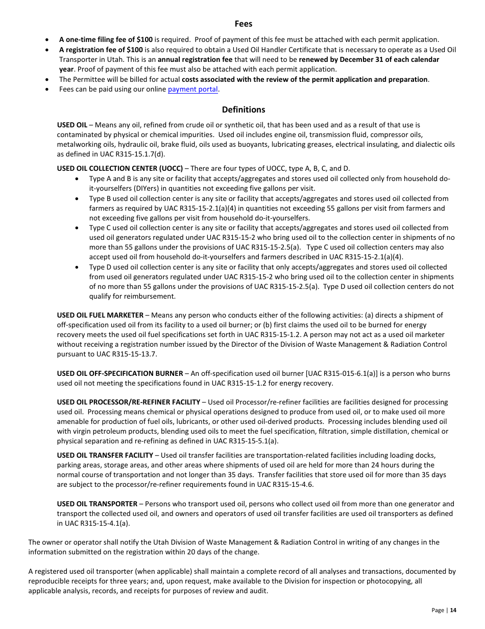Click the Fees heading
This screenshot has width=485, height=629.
click(x=243, y=24)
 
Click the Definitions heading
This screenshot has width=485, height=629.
click(x=243, y=109)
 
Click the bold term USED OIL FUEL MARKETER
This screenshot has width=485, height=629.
click(x=100, y=315)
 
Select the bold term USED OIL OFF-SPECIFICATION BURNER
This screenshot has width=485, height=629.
click(x=119, y=373)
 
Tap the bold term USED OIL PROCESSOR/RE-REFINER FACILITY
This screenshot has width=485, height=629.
click(x=128, y=402)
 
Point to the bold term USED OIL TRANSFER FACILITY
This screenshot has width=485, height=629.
click(x=105, y=455)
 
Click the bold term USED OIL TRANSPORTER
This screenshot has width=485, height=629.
click(x=97, y=504)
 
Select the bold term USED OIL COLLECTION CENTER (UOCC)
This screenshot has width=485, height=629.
click(x=119, y=168)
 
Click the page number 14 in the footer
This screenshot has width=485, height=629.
click(x=453, y=610)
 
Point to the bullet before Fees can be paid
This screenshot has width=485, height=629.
click(x=47, y=89)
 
